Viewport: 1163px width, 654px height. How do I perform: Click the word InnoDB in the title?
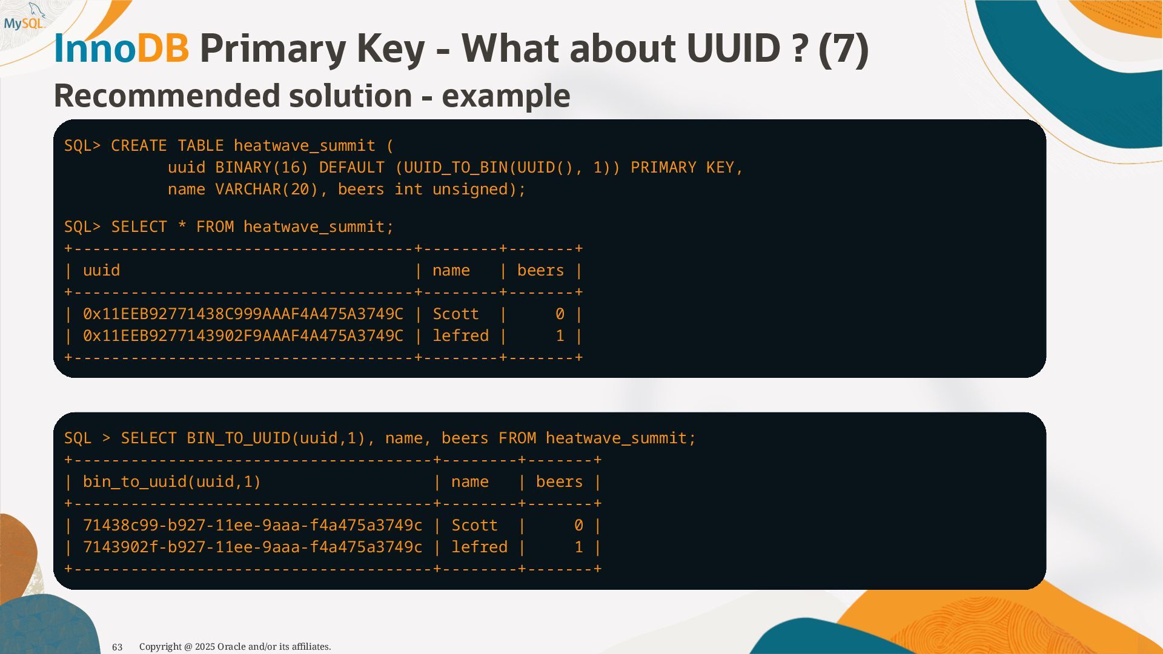[x=121, y=48]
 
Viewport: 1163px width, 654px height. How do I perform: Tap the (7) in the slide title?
[x=843, y=48]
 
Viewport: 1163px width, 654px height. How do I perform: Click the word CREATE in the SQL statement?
[x=139, y=146]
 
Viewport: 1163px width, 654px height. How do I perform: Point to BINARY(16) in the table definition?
[x=262, y=168]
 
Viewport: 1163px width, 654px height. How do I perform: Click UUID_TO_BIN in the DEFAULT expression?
[x=455, y=168]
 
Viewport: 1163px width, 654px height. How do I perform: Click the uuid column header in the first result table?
[x=101, y=271]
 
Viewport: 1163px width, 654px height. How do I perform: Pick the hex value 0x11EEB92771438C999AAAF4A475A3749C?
[x=243, y=314]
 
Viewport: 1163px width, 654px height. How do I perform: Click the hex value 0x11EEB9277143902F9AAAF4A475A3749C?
[x=243, y=336]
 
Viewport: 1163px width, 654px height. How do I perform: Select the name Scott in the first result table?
[x=456, y=314]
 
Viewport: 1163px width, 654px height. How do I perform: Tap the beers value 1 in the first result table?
[x=560, y=336]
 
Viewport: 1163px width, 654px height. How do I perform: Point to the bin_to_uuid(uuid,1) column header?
[x=171, y=482]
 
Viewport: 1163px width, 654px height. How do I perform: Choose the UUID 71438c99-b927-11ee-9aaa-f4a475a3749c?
[x=253, y=526]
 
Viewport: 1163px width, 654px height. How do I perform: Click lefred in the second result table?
[x=479, y=547]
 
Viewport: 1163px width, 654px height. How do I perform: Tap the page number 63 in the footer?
[x=118, y=647]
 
